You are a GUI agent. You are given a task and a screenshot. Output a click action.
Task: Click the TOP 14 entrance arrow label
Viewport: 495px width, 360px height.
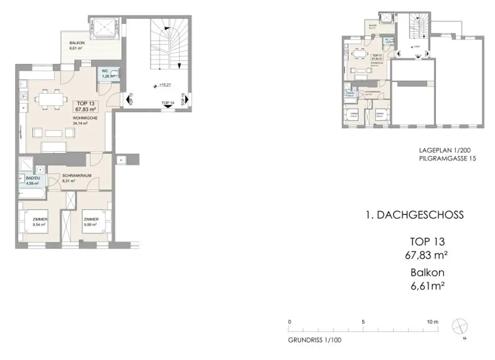[168, 103]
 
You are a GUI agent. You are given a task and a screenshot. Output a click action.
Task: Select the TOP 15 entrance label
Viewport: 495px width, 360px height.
[183, 99]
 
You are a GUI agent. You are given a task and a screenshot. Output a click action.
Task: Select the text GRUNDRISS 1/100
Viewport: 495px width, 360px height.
[314, 340]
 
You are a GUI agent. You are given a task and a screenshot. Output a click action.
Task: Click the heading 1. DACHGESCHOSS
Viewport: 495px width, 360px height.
[414, 215]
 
